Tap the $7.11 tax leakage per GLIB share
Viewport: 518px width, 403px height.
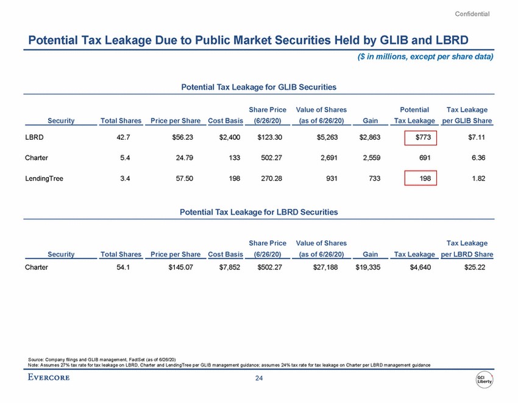(x=476, y=138)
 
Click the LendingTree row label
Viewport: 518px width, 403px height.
(x=44, y=179)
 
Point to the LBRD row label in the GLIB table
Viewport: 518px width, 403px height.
(x=34, y=138)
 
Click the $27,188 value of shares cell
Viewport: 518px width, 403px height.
(x=332, y=267)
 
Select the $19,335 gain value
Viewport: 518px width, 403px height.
(x=367, y=267)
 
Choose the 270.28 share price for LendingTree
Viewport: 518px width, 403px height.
(x=269, y=179)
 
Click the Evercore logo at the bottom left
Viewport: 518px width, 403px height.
(x=49, y=377)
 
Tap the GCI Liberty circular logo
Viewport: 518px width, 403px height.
(x=485, y=379)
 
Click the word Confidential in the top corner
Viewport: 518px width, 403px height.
(x=472, y=13)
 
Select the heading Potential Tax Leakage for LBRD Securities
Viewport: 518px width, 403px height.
(x=258, y=212)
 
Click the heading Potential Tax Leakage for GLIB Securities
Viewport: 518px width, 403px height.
(x=258, y=87)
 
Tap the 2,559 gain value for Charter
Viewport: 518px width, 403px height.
(x=370, y=158)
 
